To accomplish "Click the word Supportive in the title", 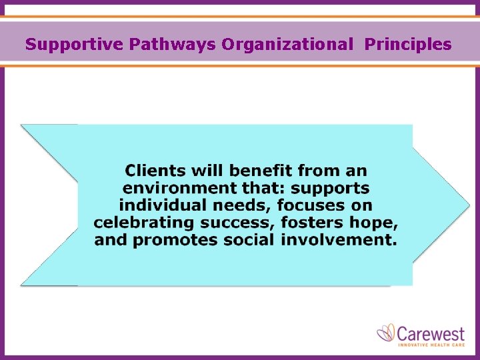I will tap(75, 45).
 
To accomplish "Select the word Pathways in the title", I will tap(173, 45).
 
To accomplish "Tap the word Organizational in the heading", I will tap(287, 45).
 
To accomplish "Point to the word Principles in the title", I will tap(408, 45).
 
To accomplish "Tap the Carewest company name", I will tap(431, 331).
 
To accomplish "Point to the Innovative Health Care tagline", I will tap(431, 344).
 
